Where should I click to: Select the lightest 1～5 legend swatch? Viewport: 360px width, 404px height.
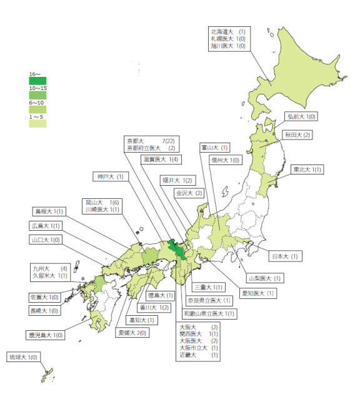38,124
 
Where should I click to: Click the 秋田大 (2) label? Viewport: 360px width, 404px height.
298,134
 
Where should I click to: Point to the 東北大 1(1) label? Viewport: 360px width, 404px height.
307,169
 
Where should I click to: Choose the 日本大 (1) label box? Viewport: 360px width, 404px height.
286,256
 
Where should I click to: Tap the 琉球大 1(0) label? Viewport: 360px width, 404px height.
23,356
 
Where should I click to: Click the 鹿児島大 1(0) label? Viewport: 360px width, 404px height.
46,335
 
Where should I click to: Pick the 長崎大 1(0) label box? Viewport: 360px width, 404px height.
44,311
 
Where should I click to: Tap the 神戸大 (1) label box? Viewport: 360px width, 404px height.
110,176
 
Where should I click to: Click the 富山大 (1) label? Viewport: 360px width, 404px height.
214,148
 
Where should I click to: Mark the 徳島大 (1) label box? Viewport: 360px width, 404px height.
161,295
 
